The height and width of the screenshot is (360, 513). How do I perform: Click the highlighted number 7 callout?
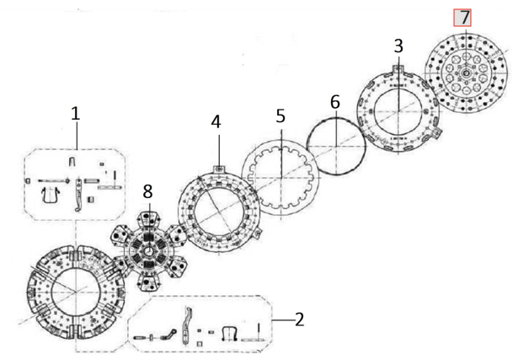(x=462, y=18)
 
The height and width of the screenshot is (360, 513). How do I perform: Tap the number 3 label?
(x=398, y=46)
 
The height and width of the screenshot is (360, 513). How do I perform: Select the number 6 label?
(x=335, y=102)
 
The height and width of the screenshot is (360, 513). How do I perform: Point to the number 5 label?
(x=281, y=116)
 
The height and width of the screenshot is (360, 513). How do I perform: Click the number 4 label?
(x=216, y=122)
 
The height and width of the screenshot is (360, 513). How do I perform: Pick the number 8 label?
(x=148, y=191)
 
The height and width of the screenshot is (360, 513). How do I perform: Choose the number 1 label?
(x=76, y=114)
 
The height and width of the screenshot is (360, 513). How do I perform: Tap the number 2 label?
(x=299, y=320)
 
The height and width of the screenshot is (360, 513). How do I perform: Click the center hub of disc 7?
(x=466, y=73)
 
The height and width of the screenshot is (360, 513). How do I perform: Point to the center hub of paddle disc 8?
(x=148, y=252)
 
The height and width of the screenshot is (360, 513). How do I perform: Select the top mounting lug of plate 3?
(x=398, y=69)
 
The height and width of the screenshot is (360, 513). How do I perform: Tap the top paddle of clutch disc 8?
(x=149, y=219)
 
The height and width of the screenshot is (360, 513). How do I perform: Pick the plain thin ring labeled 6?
(x=336, y=118)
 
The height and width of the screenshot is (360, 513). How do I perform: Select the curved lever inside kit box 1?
(x=78, y=195)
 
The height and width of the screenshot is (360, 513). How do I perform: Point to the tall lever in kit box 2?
(x=186, y=325)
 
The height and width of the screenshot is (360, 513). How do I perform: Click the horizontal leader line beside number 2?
(x=283, y=320)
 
